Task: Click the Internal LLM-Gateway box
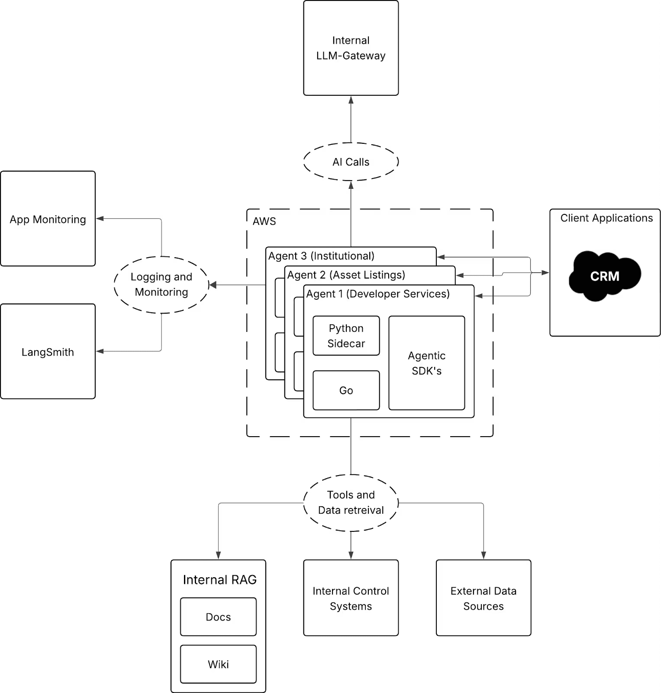coord(351,48)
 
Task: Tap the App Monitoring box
coord(48,219)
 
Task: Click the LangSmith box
coord(48,351)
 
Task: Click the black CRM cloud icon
coord(605,276)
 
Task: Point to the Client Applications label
coord(606,218)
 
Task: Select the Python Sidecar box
coord(346,336)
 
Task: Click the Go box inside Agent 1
coord(346,390)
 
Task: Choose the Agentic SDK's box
coord(427,363)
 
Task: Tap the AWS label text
coord(264,221)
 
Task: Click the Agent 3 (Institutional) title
coord(321,256)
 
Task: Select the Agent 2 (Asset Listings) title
coord(346,275)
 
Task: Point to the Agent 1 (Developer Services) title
coord(378,294)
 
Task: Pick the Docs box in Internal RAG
coord(218,617)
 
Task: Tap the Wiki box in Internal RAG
coord(218,664)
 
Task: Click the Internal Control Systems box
coord(351,598)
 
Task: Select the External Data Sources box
coord(484,598)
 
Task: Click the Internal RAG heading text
coord(220,580)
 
